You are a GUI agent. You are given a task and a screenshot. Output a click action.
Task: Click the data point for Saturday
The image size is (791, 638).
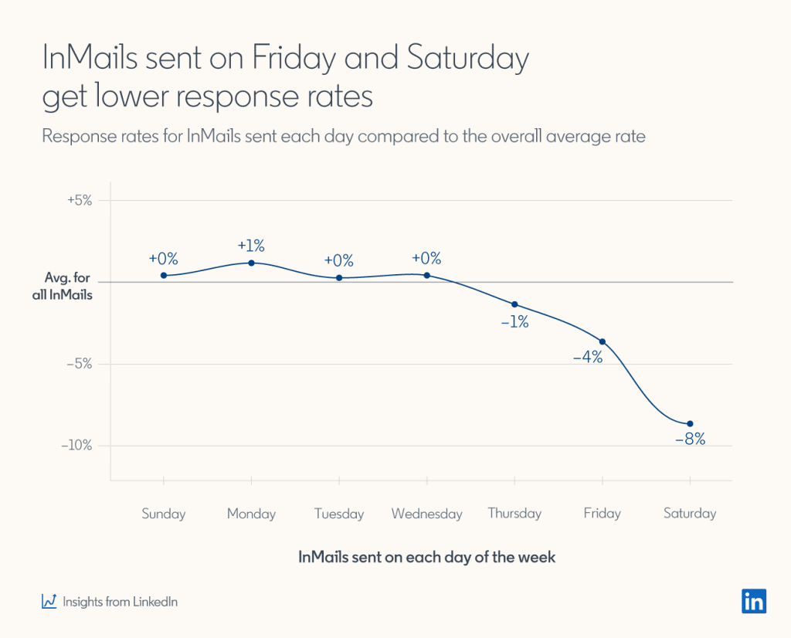pyautogui.click(x=690, y=423)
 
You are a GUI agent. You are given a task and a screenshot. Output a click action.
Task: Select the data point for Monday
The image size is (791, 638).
pyautogui.click(x=252, y=263)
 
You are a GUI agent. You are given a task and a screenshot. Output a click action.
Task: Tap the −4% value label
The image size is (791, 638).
pyautogui.click(x=587, y=357)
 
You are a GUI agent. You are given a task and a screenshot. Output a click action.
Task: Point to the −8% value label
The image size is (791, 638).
pyautogui.click(x=690, y=439)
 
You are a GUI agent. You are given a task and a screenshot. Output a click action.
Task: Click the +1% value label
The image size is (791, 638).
pyautogui.click(x=251, y=246)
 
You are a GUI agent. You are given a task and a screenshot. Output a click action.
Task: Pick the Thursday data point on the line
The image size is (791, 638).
pyautogui.click(x=514, y=304)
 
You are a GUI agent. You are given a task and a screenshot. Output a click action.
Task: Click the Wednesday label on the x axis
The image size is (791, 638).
pyautogui.click(x=426, y=514)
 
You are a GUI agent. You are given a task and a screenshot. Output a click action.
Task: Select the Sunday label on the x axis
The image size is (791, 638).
pyautogui.click(x=164, y=514)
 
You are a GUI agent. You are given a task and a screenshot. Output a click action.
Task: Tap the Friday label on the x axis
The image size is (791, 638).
pyautogui.click(x=602, y=514)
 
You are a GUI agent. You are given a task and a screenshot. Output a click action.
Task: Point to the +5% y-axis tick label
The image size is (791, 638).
pyautogui.click(x=80, y=200)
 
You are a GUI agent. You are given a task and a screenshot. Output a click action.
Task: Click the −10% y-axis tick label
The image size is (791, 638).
pyautogui.click(x=77, y=446)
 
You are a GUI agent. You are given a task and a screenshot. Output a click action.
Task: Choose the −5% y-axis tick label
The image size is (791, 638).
pyautogui.click(x=80, y=364)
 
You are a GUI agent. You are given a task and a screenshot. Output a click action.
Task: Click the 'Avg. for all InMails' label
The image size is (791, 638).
pyautogui.click(x=68, y=286)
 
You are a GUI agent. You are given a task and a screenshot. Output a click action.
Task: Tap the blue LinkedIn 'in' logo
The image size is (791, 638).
pyautogui.click(x=754, y=601)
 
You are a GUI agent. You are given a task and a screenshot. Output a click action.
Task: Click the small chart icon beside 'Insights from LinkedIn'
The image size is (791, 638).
pyautogui.click(x=49, y=601)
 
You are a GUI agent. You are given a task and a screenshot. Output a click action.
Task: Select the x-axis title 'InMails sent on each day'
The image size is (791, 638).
pyautogui.click(x=426, y=557)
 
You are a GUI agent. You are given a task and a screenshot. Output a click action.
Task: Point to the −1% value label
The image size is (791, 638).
pyautogui.click(x=514, y=322)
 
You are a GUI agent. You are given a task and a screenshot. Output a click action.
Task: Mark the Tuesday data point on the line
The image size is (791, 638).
pyautogui.click(x=339, y=277)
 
